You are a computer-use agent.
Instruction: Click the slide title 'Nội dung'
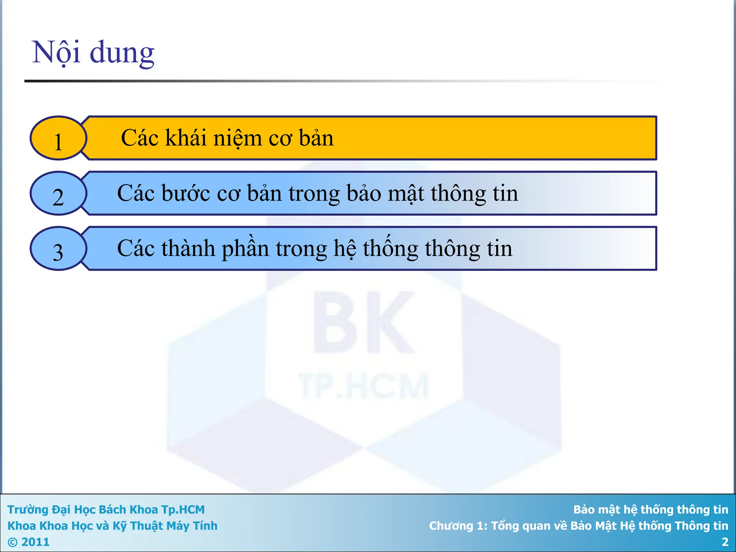tap(93, 53)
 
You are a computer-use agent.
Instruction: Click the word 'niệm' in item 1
tap(238, 138)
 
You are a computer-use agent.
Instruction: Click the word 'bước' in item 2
tap(185, 193)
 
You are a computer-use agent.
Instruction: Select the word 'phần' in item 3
tap(245, 249)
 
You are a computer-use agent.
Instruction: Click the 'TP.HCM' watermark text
tap(363, 387)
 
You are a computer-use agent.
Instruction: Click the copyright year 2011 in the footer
tap(35, 542)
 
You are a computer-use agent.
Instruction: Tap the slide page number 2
tap(724, 542)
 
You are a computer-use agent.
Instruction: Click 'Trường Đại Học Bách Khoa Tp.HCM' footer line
tap(106, 510)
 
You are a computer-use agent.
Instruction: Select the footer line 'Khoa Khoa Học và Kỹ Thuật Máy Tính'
tap(112, 526)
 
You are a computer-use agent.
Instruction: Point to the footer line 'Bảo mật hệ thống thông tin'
tap(650, 510)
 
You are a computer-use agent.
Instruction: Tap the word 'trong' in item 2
tap(314, 194)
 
